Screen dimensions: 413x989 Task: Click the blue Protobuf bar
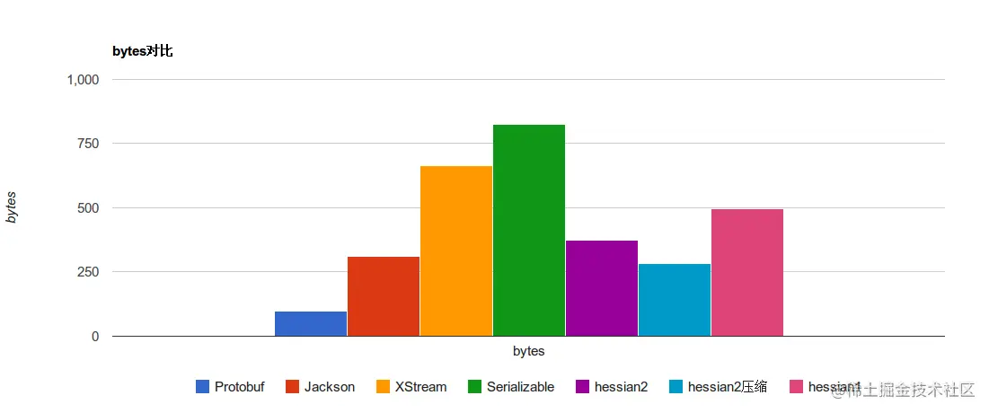[x=311, y=323]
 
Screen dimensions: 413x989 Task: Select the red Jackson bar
[x=384, y=296]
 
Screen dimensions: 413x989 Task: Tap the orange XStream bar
[x=456, y=250]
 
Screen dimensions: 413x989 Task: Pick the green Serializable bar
[x=529, y=230]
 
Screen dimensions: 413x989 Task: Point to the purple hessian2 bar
[x=602, y=288]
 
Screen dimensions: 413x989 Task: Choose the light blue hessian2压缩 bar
[x=675, y=300]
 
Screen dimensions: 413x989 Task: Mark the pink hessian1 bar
[x=747, y=272]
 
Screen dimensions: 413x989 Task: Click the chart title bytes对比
[x=142, y=51]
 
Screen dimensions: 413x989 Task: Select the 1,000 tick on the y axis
[x=83, y=79]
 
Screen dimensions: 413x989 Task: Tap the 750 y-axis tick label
[x=88, y=144]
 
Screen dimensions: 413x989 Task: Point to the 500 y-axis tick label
[x=88, y=207]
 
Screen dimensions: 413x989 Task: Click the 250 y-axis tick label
[x=88, y=272]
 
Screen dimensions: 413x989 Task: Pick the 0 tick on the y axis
[x=94, y=337]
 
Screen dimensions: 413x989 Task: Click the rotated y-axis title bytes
[x=12, y=207]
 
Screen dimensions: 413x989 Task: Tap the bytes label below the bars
[x=529, y=351]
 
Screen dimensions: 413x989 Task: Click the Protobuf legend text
[x=240, y=387]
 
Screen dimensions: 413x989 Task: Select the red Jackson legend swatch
[x=292, y=387]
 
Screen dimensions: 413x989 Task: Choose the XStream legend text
[x=420, y=387]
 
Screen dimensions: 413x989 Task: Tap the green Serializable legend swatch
[x=474, y=387]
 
